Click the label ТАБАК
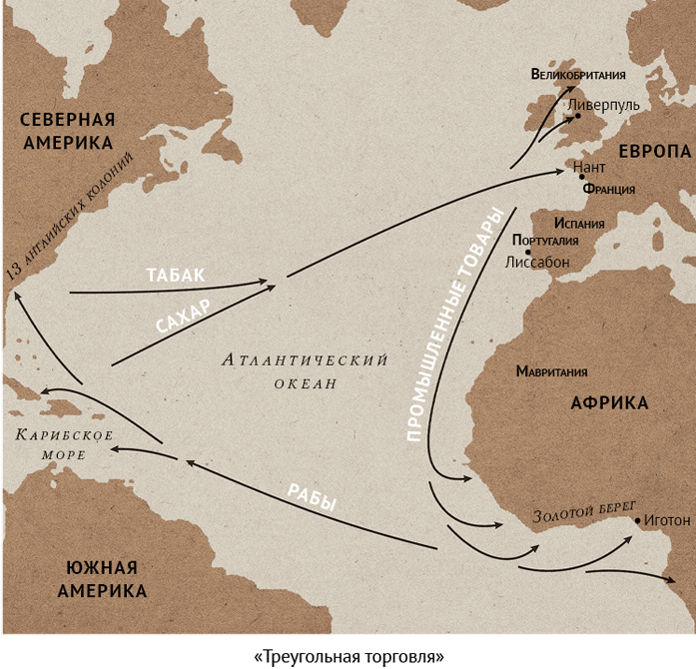[174, 275]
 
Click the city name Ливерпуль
[603, 104]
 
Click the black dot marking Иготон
[637, 520]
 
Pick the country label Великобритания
[578, 74]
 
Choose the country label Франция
[609, 189]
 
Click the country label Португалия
[544, 241]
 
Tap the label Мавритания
[551, 371]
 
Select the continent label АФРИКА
[608, 403]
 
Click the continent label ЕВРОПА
[654, 151]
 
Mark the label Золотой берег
[584, 511]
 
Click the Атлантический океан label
[305, 370]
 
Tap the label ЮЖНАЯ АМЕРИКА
[102, 579]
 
